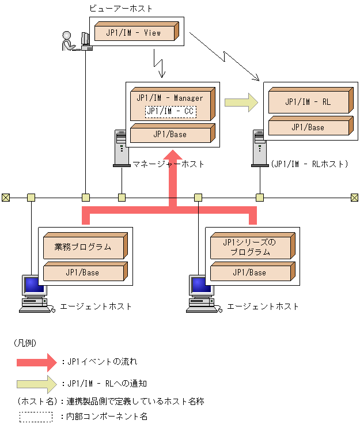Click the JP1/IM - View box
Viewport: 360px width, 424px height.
(x=137, y=31)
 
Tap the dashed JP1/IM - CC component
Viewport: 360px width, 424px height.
(x=171, y=111)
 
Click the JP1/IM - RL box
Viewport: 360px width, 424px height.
(x=311, y=100)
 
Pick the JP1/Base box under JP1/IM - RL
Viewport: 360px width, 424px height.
(x=311, y=126)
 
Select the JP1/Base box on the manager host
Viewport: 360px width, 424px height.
(x=172, y=133)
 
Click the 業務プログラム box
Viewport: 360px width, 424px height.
(x=85, y=246)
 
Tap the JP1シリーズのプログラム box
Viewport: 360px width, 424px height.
(x=252, y=246)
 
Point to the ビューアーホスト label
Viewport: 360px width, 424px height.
(x=121, y=9)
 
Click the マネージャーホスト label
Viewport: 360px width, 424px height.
(x=168, y=164)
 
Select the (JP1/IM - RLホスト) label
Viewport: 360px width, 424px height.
(x=309, y=164)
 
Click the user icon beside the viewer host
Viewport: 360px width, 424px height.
(x=68, y=41)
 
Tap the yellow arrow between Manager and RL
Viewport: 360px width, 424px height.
(x=241, y=103)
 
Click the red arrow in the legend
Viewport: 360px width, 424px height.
(x=37, y=362)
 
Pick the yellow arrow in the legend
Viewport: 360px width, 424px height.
(x=37, y=384)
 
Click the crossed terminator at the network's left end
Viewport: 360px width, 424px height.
(x=6, y=198)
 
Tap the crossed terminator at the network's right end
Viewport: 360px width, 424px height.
(x=355, y=198)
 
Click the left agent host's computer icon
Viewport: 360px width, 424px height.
(x=35, y=294)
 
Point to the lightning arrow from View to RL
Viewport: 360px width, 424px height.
(x=224, y=56)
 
